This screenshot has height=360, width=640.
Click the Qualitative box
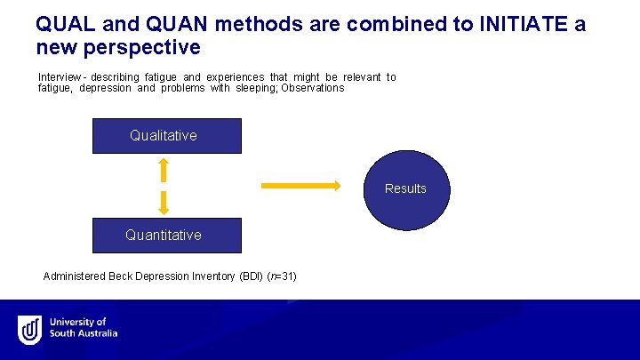pos(166,136)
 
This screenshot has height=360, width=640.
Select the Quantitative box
pos(166,235)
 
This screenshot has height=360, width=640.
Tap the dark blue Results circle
pos(406,188)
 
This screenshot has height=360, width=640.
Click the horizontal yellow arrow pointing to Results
pos(300,186)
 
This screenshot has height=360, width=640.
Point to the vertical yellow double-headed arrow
pos(164,186)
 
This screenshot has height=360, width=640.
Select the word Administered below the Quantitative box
pos(75,276)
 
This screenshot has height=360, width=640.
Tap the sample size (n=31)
pos(282,276)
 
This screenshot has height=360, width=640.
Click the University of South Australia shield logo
pos(30,330)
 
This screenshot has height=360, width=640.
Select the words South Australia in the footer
pos(84,334)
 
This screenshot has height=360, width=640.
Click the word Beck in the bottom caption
pos(121,276)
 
